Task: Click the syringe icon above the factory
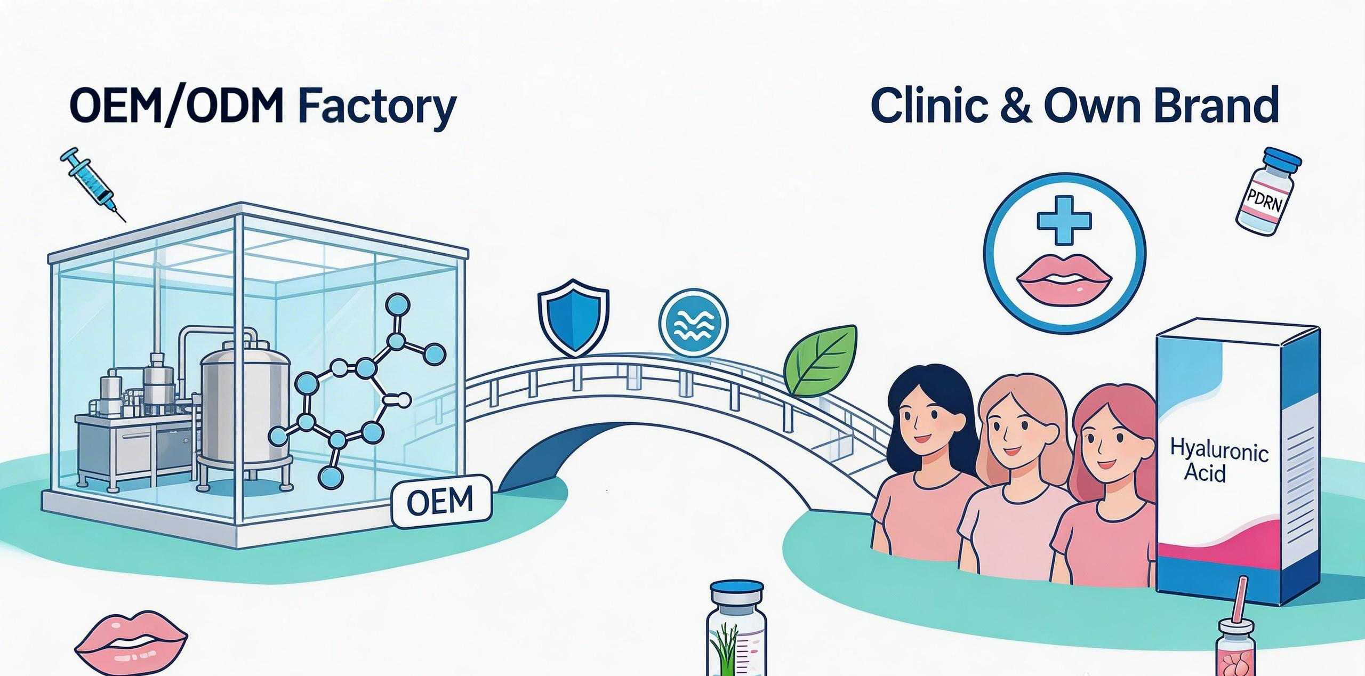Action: [92, 183]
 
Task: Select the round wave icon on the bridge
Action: [693, 323]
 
